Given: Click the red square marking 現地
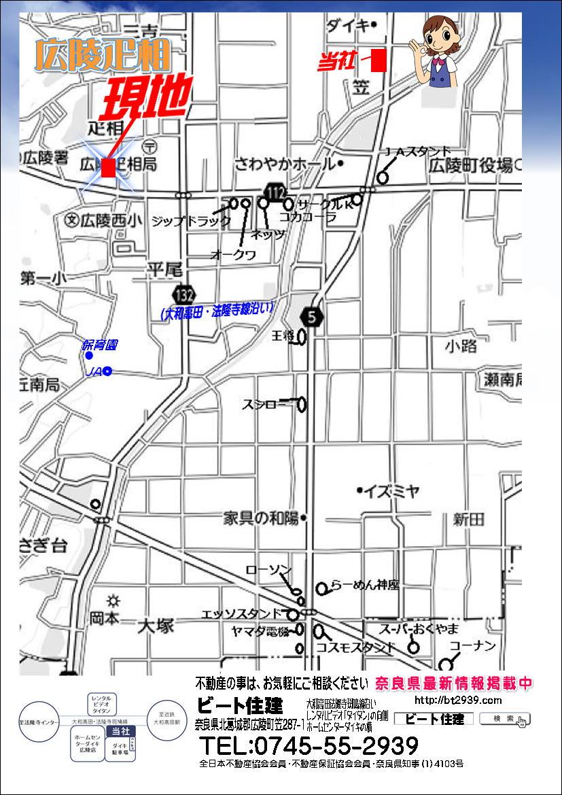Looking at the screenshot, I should tap(107, 168).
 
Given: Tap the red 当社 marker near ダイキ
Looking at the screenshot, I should tap(379, 61).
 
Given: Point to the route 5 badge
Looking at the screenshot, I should tap(311, 316).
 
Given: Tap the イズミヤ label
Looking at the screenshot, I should tap(391, 491).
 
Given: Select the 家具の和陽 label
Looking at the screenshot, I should tap(262, 518).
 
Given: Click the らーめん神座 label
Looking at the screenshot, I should tap(365, 585).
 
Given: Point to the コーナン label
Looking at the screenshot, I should tap(473, 645).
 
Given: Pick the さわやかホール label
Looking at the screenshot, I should tap(285, 164).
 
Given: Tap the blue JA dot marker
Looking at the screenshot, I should tap(107, 371).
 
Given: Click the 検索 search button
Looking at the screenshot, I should tap(504, 719).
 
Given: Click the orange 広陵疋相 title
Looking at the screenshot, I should tap(102, 56).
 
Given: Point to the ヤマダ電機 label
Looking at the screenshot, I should tap(260, 630).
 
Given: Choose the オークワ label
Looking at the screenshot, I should tap(233, 255).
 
